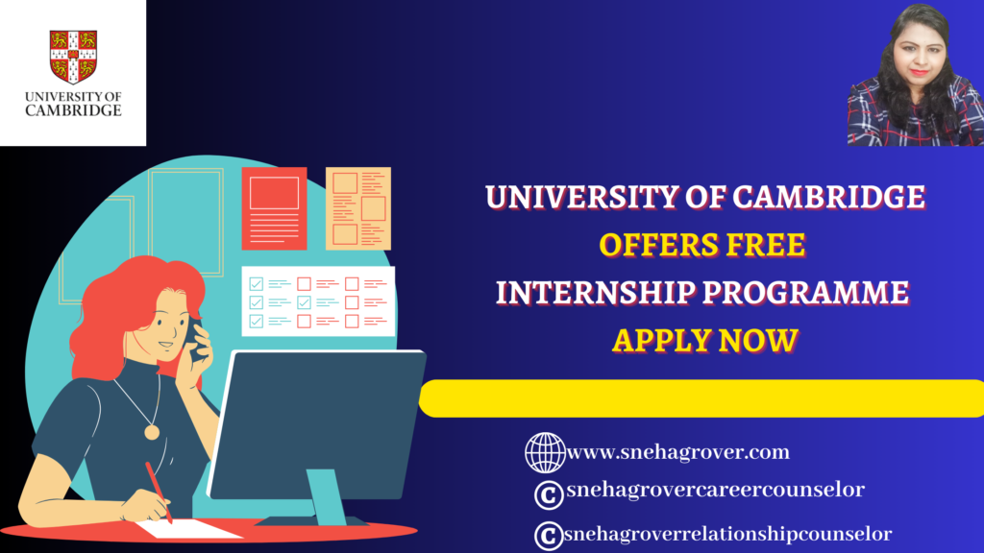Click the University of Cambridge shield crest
[73, 57]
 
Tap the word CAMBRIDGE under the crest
[73, 110]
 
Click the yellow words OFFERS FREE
[702, 245]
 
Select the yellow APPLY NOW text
[704, 341]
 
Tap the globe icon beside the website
[545, 453]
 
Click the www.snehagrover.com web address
[677, 452]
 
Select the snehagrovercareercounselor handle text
[715, 489]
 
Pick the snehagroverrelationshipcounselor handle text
[728, 534]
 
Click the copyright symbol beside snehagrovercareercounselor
[549, 494]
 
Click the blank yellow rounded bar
[701, 398]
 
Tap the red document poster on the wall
[274, 208]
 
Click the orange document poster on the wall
[358, 208]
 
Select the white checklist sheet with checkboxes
[318, 301]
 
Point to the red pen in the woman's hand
[159, 493]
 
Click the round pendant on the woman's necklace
[152, 432]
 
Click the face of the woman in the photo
[920, 54]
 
